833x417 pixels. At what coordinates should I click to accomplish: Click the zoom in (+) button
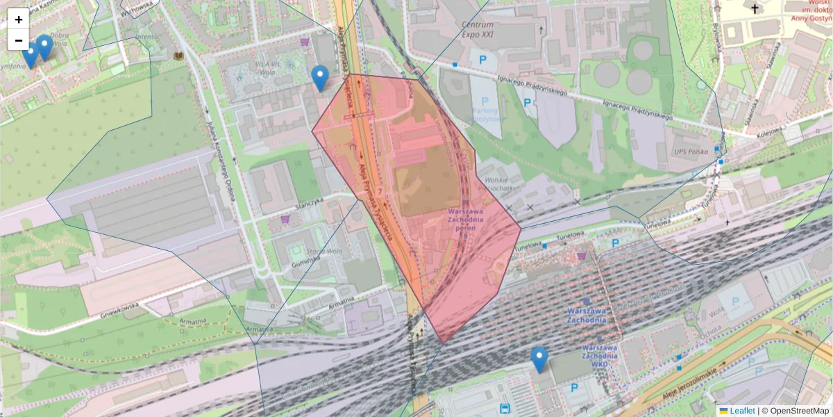[x=18, y=19]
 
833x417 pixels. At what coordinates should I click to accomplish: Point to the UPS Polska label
[x=689, y=151]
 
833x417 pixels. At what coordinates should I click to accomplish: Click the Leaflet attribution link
[x=741, y=411]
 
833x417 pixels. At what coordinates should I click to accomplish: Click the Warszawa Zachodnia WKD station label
[x=600, y=354]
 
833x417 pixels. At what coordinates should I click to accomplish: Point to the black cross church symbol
[x=755, y=8]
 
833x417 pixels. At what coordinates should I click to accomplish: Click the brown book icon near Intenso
[x=179, y=55]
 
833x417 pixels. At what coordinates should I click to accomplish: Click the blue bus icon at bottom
[x=505, y=408]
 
